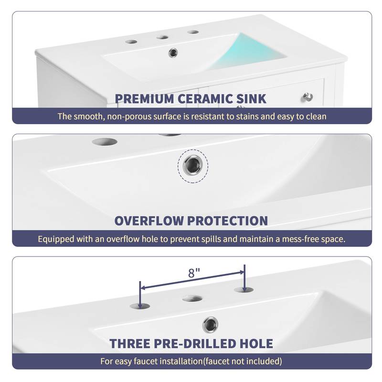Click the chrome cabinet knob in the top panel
coord(308,97)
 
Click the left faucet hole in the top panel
coord(131,42)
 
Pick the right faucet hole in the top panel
coord(193,32)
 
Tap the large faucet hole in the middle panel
coord(105,142)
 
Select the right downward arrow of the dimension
coord(244,277)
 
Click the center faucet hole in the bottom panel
coord(192,298)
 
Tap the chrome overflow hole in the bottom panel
coord(210,325)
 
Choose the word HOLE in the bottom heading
coord(255,343)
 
